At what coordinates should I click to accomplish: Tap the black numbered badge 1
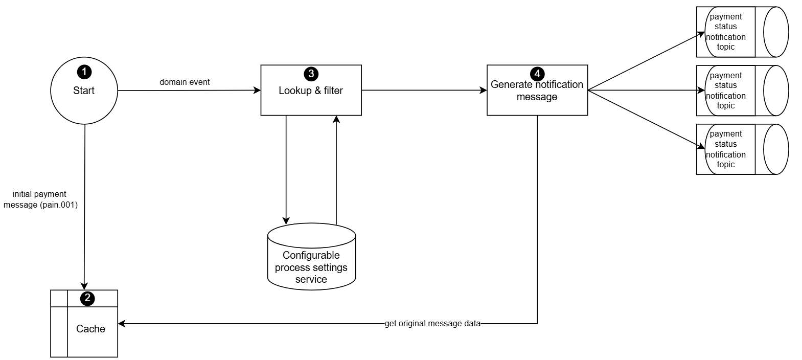coord(84,72)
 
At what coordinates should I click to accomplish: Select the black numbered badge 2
coord(87,298)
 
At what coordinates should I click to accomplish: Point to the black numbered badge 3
coord(310,74)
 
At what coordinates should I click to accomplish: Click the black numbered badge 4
coord(537,74)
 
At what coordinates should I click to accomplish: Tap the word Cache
coord(90,329)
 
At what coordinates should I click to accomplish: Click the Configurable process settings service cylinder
coord(311,261)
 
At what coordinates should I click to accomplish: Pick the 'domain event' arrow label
coord(185,82)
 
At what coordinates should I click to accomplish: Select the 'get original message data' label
coord(432,324)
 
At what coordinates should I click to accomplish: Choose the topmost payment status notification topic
coord(742,32)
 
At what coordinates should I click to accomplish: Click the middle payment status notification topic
coord(742,91)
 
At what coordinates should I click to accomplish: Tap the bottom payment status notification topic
coord(742,149)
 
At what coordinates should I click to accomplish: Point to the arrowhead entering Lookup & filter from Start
coord(257,91)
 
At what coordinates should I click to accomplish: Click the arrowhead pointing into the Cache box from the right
coord(122,324)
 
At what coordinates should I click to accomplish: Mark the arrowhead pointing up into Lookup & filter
coord(336,119)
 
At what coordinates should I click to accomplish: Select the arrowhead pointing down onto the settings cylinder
coord(286,220)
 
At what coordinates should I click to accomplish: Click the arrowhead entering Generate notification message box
coord(483,91)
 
